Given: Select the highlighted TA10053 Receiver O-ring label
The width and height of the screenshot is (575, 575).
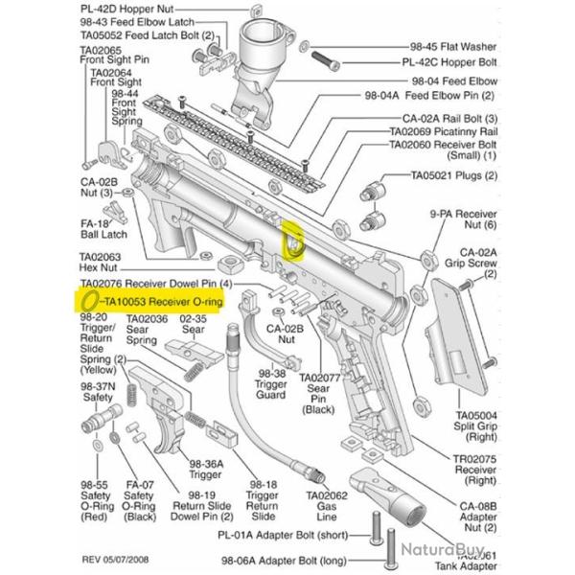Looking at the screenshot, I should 163,302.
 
